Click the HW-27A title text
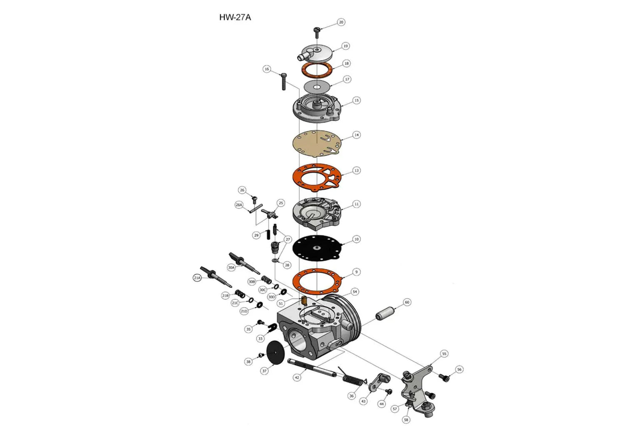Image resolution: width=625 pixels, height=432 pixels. (x=235, y=17)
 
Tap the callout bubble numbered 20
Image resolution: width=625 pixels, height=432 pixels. (x=341, y=22)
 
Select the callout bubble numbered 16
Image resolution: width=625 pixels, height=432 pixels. (x=267, y=69)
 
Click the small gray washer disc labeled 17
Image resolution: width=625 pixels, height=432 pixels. (x=317, y=87)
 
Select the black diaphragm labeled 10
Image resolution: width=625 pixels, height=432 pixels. (x=317, y=248)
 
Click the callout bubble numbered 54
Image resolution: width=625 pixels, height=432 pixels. (x=355, y=292)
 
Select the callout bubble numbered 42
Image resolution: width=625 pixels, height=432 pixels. (x=297, y=377)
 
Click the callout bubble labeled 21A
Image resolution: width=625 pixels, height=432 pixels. (x=197, y=278)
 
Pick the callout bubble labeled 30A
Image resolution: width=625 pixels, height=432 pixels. (x=231, y=267)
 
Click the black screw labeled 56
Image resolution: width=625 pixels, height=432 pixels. (x=445, y=377)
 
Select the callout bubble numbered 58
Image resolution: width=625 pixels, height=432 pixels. (x=406, y=420)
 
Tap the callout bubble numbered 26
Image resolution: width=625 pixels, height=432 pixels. (x=242, y=190)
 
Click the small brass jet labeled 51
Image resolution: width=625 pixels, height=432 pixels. (x=304, y=300)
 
